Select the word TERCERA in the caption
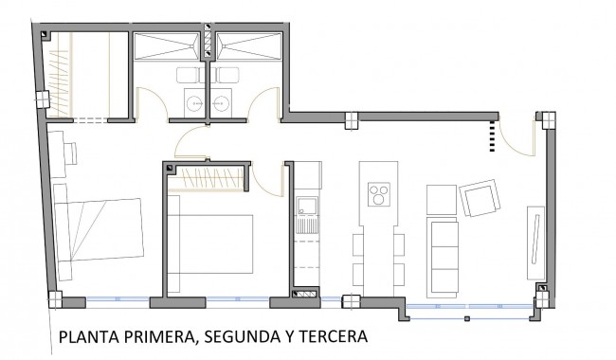tap(334, 336)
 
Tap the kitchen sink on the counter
tap(307, 207)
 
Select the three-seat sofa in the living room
tap(444, 253)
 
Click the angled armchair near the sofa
tap(481, 200)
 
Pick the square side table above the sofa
tap(443, 199)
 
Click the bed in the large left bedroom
tap(98, 233)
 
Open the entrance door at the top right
tap(516, 139)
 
